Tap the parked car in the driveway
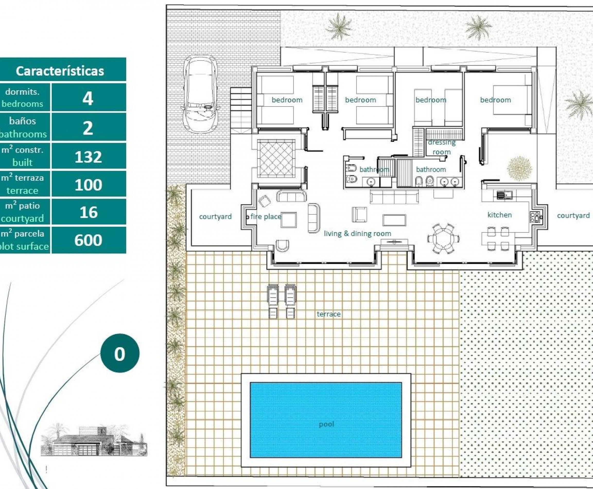[200, 94]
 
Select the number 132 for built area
[88, 157]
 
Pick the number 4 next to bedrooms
[88, 99]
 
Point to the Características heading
[60, 71]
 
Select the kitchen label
[499, 215]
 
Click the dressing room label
[441, 147]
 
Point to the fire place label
[266, 216]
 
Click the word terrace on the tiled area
[328, 314]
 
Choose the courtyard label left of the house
[215, 216]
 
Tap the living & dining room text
[357, 233]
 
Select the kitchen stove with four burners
[534, 217]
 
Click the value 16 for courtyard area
[89, 212]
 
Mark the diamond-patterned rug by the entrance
[276, 159]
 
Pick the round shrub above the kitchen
[519, 168]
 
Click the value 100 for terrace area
[88, 185]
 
